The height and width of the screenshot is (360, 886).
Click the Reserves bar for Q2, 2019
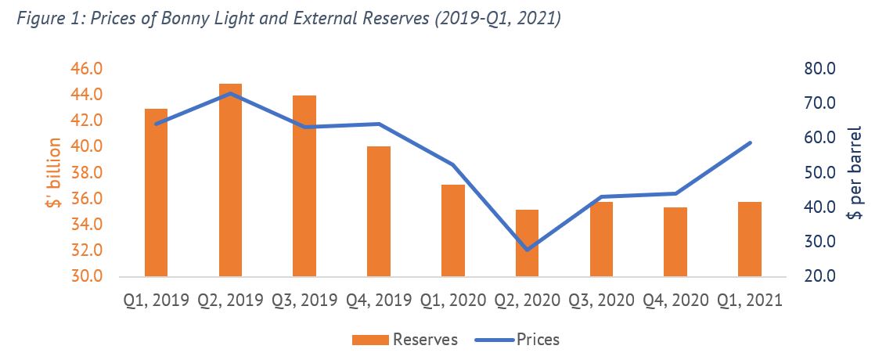click(x=230, y=180)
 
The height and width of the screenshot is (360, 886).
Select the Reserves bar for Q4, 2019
click(x=378, y=211)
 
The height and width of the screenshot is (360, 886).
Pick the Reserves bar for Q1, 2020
click(x=452, y=230)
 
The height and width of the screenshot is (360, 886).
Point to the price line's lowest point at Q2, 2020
click(x=527, y=250)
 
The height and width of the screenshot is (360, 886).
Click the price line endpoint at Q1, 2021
click(x=750, y=142)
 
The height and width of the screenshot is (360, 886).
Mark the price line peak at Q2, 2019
click(x=230, y=93)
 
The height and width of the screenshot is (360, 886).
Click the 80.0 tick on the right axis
click(x=820, y=69)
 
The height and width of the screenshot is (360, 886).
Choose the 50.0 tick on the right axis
click(x=820, y=172)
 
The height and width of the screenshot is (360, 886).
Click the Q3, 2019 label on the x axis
click(x=304, y=301)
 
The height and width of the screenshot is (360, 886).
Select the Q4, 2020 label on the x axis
click(x=675, y=301)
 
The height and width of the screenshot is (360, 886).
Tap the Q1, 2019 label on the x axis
click(x=156, y=301)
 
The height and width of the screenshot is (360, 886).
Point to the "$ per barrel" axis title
click(x=855, y=173)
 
